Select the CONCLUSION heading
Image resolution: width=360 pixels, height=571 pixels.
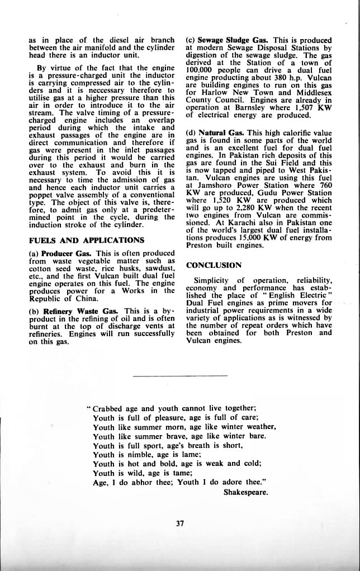click(x=214, y=265)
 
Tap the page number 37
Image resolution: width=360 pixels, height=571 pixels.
click(x=180, y=523)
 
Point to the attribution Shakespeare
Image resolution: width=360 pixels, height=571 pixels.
click(x=245, y=492)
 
